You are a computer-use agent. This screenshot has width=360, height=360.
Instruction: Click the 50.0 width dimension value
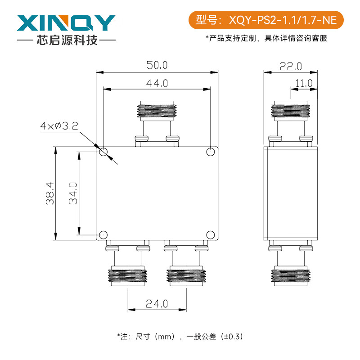pyautogui.click(x=157, y=65)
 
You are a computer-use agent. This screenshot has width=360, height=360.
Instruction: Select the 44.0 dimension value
pyautogui.click(x=157, y=83)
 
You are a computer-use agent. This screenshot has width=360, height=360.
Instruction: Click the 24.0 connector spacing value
pyautogui.click(x=157, y=304)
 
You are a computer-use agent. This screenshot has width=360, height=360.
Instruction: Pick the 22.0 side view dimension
pyautogui.click(x=291, y=67)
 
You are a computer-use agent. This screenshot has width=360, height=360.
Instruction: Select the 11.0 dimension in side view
pyautogui.click(x=303, y=83)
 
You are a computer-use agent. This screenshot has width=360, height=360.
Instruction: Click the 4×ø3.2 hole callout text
pyautogui.click(x=59, y=126)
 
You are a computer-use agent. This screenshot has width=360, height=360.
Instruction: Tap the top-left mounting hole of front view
pyautogui.click(x=103, y=152)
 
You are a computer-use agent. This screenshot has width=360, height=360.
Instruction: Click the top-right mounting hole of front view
pyautogui.click(x=210, y=152)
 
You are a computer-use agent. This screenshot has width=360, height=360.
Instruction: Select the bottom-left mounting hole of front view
pyautogui.click(x=103, y=234)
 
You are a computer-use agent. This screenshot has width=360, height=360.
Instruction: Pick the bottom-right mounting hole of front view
pyautogui.click(x=210, y=234)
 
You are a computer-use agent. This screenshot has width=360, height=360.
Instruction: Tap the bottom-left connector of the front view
pyautogui.click(x=128, y=274)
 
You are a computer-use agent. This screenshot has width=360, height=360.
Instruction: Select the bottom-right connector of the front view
pyautogui.click(x=186, y=274)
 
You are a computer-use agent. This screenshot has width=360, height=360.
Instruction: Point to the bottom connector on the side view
pyautogui.click(x=291, y=274)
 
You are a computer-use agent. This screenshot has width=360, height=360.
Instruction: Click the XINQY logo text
pyautogui.click(x=67, y=22)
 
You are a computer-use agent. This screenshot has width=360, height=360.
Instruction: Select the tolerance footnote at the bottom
pyautogui.click(x=180, y=336)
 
